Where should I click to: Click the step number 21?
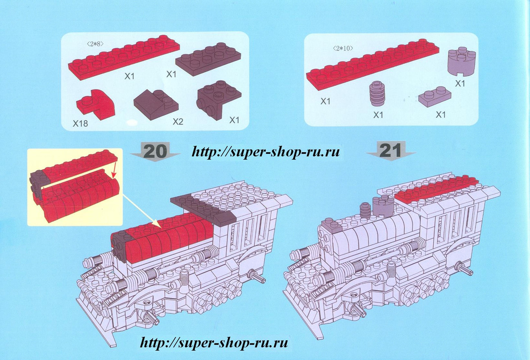click(390, 151)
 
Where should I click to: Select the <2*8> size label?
click(95, 44)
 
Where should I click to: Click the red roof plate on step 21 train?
click(435, 189)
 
